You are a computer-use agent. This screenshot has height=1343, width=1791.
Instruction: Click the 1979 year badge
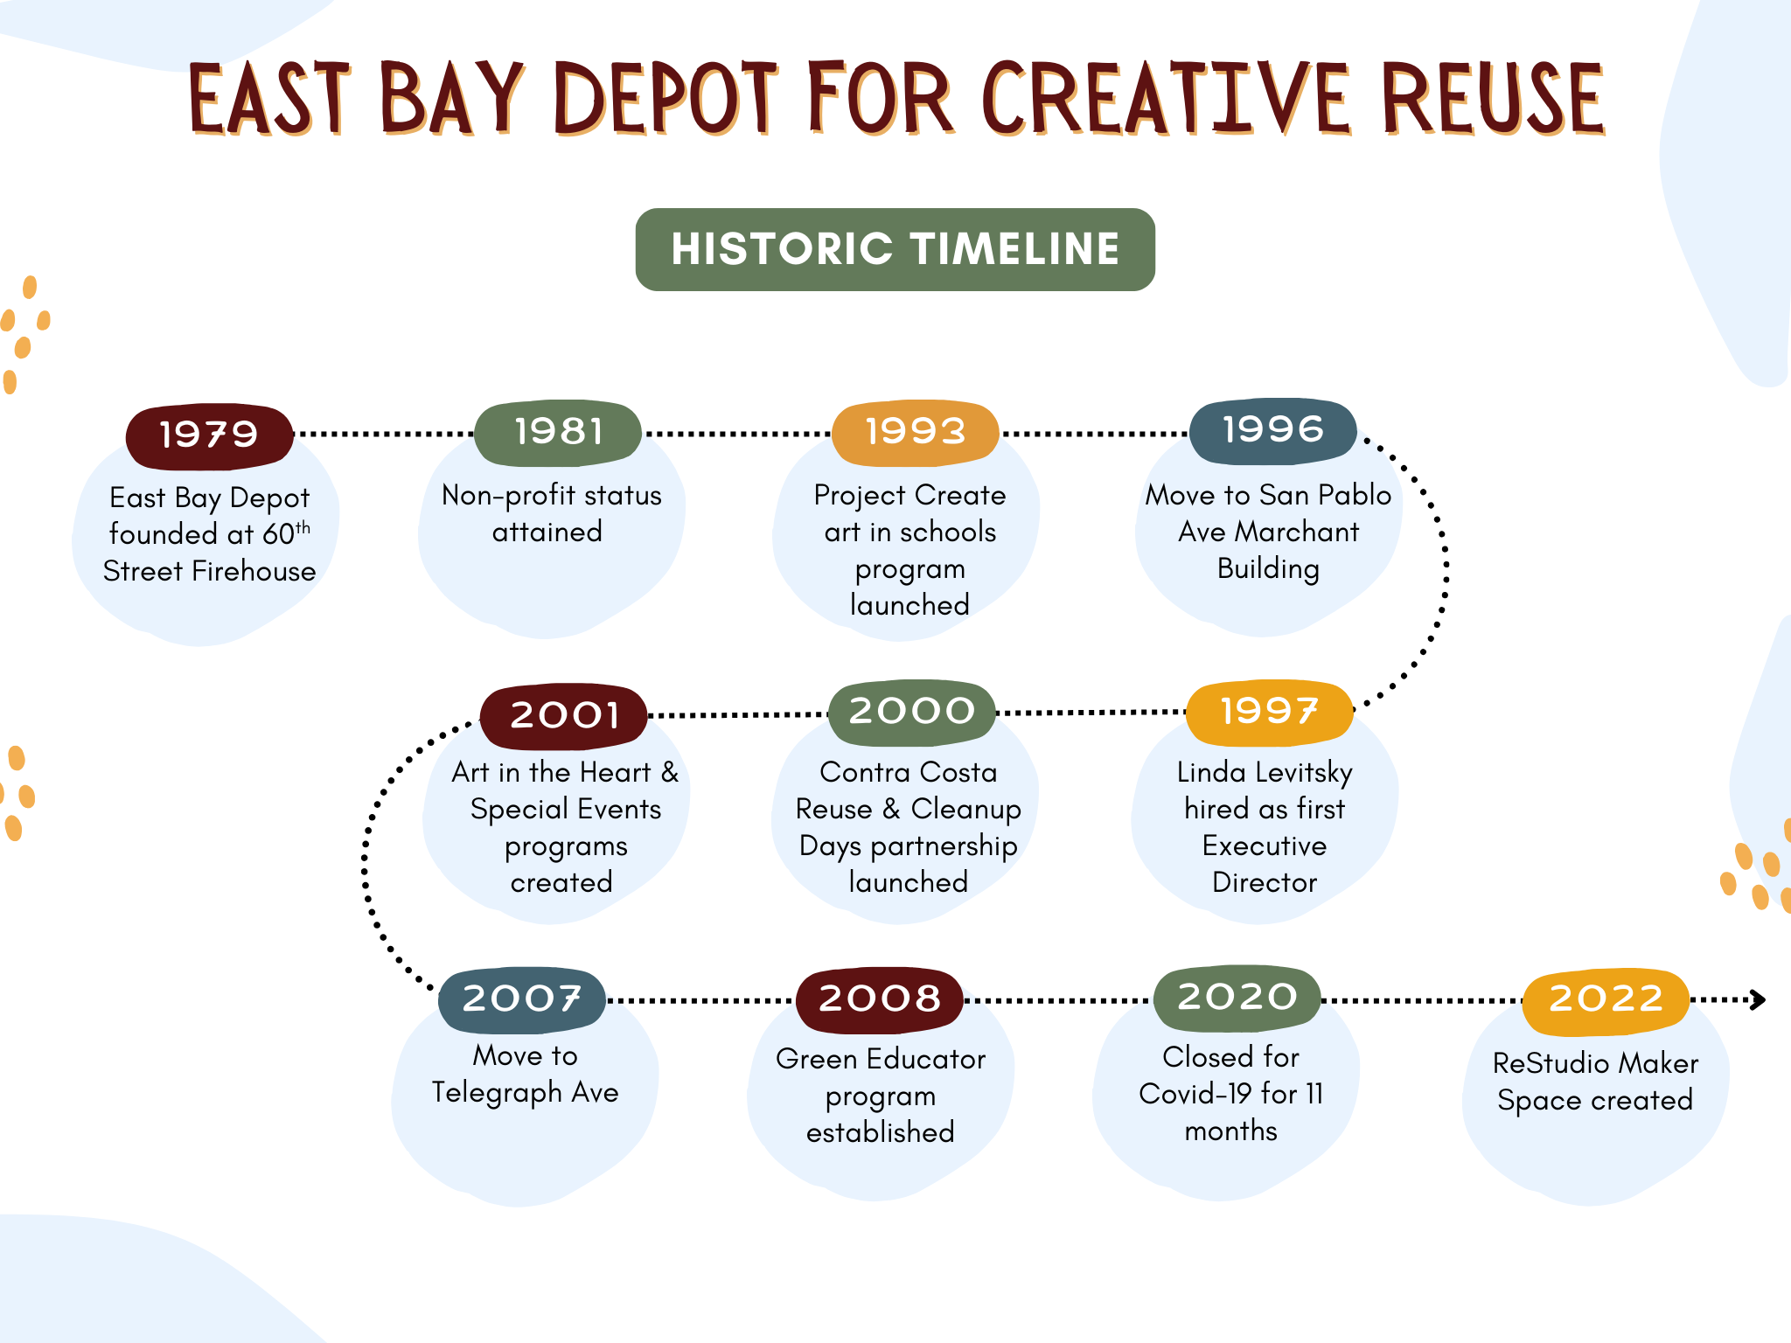click(210, 435)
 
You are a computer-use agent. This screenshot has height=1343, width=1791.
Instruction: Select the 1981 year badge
click(558, 433)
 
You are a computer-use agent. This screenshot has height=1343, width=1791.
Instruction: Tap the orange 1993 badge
click(915, 433)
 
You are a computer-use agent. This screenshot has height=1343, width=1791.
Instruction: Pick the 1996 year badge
click(1273, 431)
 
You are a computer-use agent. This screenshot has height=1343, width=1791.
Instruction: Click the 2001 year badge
click(564, 716)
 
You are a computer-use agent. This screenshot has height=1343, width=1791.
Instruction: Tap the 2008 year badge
click(880, 999)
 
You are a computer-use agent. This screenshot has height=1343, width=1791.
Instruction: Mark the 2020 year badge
click(1237, 998)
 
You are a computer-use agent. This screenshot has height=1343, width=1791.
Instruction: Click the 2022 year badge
click(1606, 1000)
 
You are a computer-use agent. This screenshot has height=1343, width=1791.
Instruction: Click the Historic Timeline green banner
click(895, 249)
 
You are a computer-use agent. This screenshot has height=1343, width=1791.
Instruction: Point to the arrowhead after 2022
click(1759, 999)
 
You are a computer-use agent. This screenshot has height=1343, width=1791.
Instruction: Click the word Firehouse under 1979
click(254, 571)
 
